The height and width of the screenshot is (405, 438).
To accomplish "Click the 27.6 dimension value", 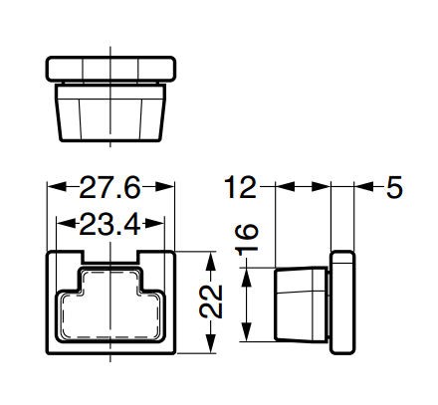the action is click(x=109, y=188).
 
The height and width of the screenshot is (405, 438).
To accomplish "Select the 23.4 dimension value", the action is click(x=109, y=224).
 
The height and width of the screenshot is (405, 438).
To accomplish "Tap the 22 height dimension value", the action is click(x=211, y=302).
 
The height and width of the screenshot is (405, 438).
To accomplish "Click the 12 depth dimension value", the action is click(x=241, y=188).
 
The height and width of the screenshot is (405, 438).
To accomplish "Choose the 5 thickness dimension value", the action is click(x=394, y=187).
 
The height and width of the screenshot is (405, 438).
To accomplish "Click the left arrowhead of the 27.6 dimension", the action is click(x=57, y=187).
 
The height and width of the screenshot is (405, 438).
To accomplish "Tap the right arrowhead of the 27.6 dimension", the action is click(x=164, y=187).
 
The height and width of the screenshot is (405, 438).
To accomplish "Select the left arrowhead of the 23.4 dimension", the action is click(x=67, y=223).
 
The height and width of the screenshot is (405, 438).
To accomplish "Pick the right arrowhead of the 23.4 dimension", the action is click(x=155, y=223).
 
